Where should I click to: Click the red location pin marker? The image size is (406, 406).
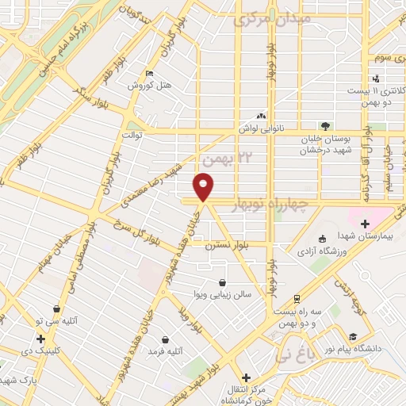click(204, 187)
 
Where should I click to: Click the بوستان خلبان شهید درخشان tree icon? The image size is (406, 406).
click(324, 125)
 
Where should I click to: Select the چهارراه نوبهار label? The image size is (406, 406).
click(272, 205)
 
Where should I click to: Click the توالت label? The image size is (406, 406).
click(131, 135)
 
